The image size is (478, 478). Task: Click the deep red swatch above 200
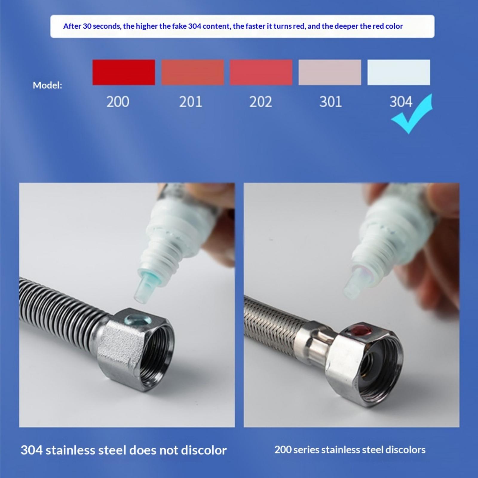tap(124, 72)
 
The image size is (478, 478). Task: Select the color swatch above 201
tap(193, 72)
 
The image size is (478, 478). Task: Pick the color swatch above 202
tap(261, 72)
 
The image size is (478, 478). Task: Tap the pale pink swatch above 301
tap(330, 72)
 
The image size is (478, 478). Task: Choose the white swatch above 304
tap(399, 72)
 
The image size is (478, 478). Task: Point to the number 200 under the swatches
tap(118, 102)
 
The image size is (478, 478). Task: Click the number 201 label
tap(191, 102)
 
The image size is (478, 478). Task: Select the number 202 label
tap(261, 102)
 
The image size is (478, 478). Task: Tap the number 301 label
tap(331, 102)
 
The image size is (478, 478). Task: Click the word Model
tap(47, 85)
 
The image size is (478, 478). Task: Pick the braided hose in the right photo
tap(275, 326)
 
